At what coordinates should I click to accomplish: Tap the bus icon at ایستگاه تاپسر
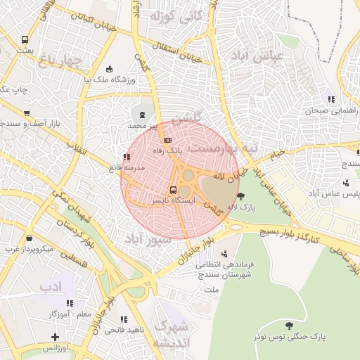[x=173, y=190]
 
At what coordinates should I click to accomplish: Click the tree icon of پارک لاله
[x=242, y=196]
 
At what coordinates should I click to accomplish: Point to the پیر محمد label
[x=144, y=125]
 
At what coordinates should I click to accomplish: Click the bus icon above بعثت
[x=25, y=40]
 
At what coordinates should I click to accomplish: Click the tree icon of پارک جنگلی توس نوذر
[x=289, y=326]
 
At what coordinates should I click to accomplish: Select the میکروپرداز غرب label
[x=30, y=248]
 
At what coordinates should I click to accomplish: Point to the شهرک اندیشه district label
[x=172, y=335]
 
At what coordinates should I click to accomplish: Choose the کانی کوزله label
[x=181, y=15]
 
